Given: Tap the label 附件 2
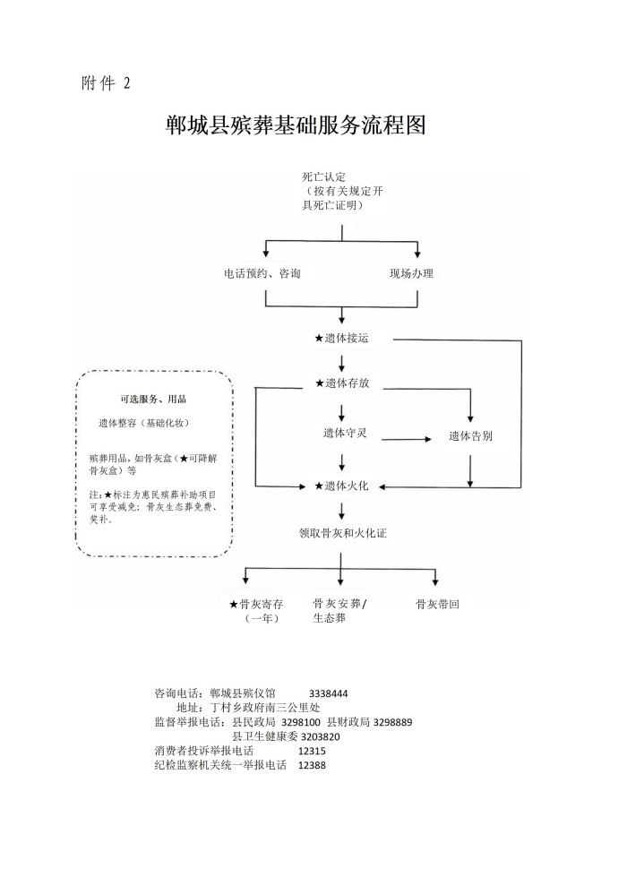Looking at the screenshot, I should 106,83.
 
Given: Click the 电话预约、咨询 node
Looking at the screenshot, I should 262,273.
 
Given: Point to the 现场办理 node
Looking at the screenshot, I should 411,273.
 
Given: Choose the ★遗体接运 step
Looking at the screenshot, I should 341,339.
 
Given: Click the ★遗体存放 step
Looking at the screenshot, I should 341,383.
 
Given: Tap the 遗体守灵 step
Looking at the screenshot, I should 345,433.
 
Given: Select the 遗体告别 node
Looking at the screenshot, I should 470,436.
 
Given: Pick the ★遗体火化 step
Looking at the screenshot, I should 341,486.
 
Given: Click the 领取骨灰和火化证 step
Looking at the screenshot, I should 342,532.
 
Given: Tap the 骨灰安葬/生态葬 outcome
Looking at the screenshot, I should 339,611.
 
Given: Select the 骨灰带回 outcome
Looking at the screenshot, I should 437,605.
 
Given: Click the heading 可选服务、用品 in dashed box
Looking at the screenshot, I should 153,400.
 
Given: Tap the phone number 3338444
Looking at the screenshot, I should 328,693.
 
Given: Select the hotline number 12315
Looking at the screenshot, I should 312,751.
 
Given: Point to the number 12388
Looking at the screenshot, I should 312,765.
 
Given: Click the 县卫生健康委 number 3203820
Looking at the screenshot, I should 313,736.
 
